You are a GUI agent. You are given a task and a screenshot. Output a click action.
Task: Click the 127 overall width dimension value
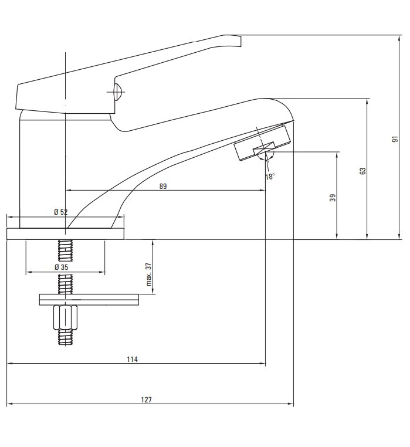pos(146,399)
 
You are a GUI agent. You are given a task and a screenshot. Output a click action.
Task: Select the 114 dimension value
pos(133,359)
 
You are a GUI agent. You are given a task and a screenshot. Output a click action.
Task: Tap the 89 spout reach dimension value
pos(163,187)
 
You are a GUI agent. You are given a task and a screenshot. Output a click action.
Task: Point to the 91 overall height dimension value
pos(395,140)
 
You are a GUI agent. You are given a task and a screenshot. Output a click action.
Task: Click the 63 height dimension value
pos(362,171)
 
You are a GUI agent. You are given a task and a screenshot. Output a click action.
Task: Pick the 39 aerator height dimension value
pos(333,198)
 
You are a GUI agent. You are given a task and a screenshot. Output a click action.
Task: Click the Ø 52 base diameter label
pos(61,212)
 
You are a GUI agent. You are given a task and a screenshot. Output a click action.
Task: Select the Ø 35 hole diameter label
pos(62,267)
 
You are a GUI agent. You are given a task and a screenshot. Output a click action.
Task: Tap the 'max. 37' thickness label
pos(149,275)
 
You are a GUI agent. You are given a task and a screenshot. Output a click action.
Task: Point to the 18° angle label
pos(270,177)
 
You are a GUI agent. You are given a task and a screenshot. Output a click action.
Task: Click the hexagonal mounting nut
pos(65,317)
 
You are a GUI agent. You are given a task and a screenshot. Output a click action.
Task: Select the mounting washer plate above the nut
pos(89,300)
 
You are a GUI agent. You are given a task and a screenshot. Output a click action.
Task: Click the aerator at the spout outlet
pos(262,143)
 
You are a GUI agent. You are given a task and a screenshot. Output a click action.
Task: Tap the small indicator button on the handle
pos(118,92)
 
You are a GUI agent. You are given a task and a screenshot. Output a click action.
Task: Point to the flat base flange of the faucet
pos(66,233)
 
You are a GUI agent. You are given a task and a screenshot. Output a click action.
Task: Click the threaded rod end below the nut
pos(65,338)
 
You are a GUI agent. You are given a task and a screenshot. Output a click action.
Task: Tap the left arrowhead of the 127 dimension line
pos(10,404)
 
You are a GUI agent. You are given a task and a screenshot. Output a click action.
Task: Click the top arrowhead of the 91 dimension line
pos(400,38)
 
